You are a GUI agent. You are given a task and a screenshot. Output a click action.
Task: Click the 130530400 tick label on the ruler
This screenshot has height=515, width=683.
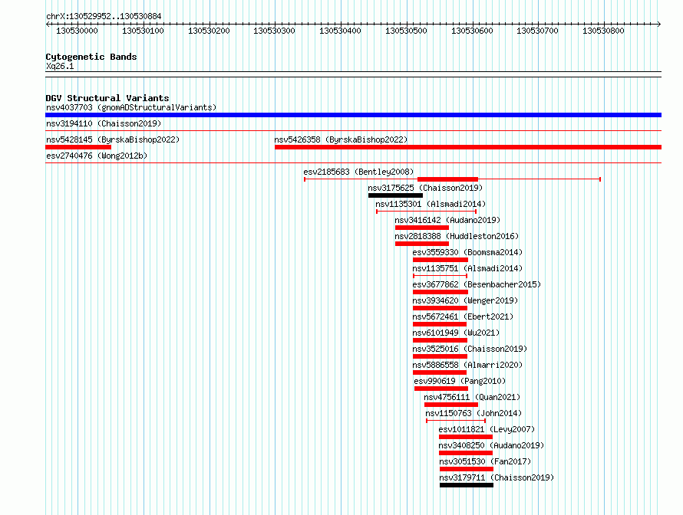(340, 31)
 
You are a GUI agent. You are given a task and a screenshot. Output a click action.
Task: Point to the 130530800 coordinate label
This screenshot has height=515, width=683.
(603, 31)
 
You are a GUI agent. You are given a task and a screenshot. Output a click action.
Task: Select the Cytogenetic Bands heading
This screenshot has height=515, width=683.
(91, 57)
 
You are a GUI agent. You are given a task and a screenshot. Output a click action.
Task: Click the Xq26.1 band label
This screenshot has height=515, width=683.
(60, 66)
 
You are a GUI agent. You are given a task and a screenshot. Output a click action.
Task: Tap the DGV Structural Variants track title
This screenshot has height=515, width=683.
(107, 98)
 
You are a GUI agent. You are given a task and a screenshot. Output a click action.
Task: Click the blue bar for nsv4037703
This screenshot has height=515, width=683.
(353, 115)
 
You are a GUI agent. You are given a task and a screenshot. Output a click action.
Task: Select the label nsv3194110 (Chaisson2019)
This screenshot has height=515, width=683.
(104, 123)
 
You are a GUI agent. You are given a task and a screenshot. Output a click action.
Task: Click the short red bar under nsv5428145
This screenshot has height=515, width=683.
(78, 147)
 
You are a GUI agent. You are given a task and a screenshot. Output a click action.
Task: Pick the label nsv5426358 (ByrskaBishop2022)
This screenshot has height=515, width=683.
(341, 139)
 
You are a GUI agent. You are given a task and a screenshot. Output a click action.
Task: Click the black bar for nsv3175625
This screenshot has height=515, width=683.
(395, 195)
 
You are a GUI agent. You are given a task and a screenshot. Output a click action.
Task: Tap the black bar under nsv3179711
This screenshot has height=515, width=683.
(467, 485)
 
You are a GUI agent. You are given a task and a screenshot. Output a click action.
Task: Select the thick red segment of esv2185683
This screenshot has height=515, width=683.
(447, 179)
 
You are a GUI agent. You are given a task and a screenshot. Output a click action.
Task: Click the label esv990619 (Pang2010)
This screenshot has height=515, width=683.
(460, 381)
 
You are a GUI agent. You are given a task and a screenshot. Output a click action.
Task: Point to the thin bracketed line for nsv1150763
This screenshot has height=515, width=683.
(456, 421)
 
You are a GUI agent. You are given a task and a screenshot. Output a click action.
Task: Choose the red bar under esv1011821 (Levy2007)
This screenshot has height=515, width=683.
(466, 437)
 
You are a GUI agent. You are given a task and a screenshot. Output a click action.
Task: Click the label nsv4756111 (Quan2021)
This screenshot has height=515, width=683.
(472, 397)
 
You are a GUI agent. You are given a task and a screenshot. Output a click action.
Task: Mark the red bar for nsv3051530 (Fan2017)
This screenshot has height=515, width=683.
(467, 469)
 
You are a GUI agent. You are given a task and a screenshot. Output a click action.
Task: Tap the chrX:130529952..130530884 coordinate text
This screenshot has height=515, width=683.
(104, 16)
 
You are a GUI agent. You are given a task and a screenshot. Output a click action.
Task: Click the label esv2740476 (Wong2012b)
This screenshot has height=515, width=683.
(97, 156)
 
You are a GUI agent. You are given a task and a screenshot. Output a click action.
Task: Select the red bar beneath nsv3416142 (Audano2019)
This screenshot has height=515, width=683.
(421, 228)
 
